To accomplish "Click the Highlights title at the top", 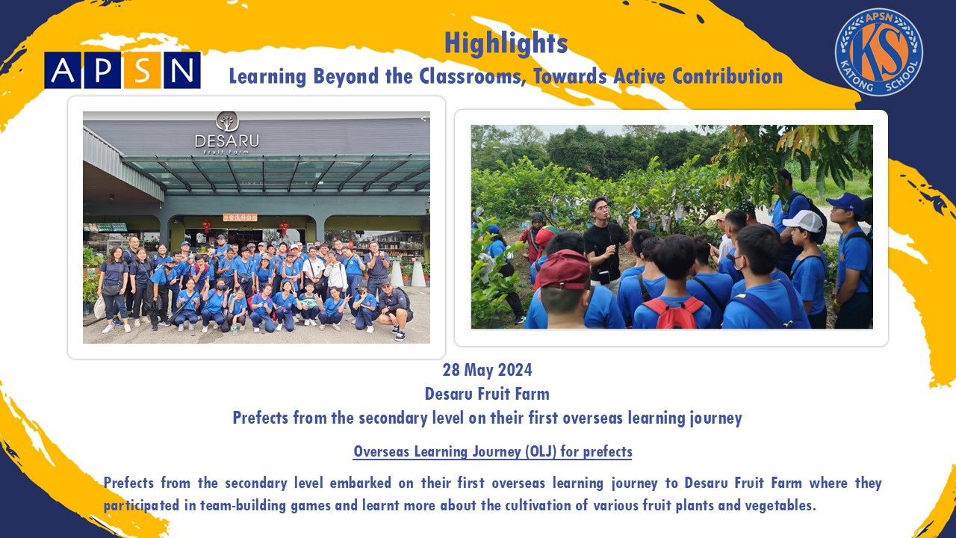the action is [506, 43].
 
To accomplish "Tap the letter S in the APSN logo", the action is [142, 70].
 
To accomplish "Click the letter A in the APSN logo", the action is [62, 70].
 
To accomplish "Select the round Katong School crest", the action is [879, 52].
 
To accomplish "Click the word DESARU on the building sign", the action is [226, 141].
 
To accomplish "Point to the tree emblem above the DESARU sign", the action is [227, 122].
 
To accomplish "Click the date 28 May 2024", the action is [487, 370].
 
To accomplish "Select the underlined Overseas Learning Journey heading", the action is [492, 452].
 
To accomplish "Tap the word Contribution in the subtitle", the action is [727, 76].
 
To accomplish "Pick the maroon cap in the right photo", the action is [564, 270].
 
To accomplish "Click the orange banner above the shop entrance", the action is [240, 217].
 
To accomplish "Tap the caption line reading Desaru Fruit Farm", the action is [487, 394].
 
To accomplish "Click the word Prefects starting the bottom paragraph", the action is [128, 483].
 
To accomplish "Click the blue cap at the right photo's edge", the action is [846, 202].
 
